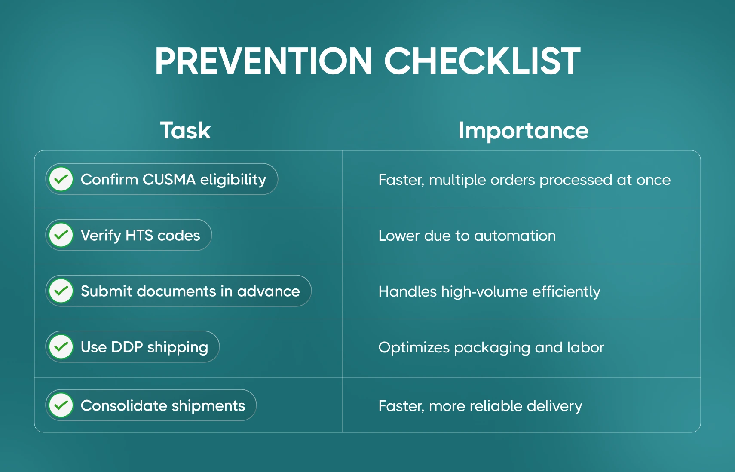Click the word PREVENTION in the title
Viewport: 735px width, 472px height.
click(263, 61)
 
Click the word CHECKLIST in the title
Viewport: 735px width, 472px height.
click(482, 61)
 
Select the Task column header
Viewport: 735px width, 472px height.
click(185, 131)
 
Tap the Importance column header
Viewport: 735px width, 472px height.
click(524, 131)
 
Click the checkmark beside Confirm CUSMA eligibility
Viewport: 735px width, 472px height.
click(61, 179)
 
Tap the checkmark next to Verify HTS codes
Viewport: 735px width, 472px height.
click(61, 235)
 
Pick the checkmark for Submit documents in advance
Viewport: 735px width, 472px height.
click(61, 291)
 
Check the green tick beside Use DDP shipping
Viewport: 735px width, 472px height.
click(61, 346)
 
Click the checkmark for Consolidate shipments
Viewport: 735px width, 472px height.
click(61, 405)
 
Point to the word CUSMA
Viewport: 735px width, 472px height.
click(169, 180)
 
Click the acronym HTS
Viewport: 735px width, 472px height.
click(139, 235)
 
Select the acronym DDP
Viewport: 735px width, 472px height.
click(127, 347)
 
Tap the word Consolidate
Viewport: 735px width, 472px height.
click(124, 406)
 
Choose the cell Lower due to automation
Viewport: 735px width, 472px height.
click(467, 236)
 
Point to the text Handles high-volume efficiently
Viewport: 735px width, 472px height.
click(489, 292)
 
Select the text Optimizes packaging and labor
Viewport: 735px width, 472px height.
click(491, 348)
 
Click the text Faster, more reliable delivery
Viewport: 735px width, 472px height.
click(480, 406)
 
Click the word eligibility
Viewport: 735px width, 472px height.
click(233, 180)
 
